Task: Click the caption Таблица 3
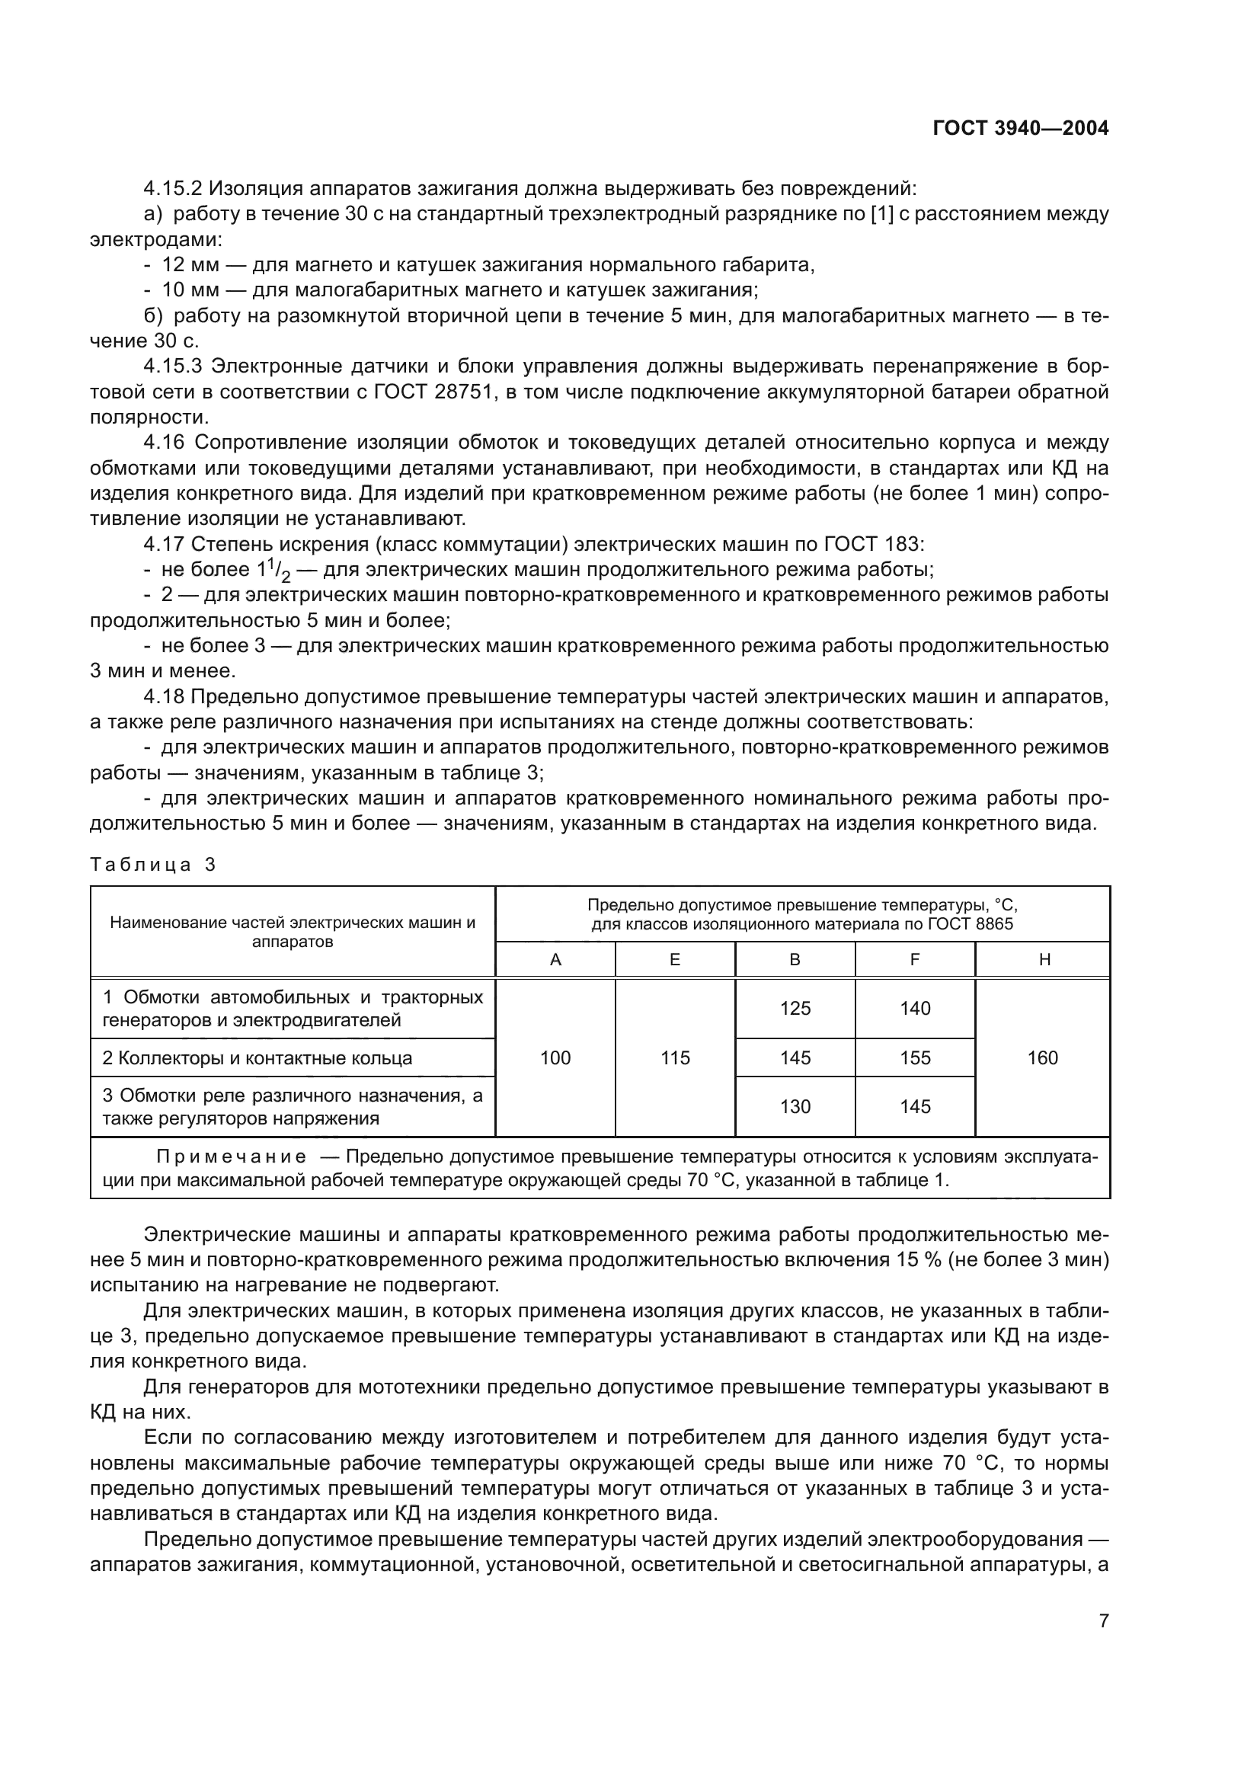153,865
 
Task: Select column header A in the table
555,959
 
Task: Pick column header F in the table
915,959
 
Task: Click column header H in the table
1044,959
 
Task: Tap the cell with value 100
555,1058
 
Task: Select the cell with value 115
674,1058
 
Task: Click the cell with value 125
795,1008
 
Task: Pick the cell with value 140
915,1008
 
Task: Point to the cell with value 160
1042,1058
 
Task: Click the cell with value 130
795,1107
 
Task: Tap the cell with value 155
915,1058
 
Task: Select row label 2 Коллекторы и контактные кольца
257,1058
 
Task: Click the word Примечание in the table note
230,1157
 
